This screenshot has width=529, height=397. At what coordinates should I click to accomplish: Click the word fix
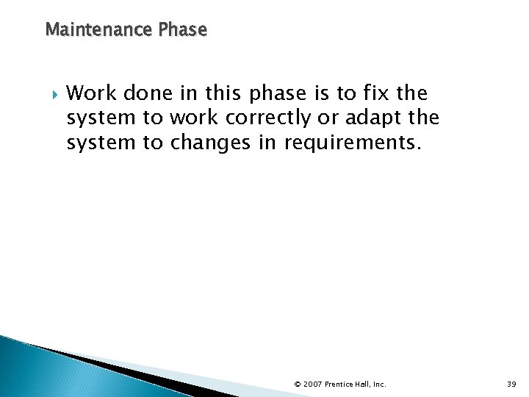point(375,93)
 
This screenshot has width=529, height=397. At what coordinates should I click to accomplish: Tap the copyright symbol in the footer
point(298,384)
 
